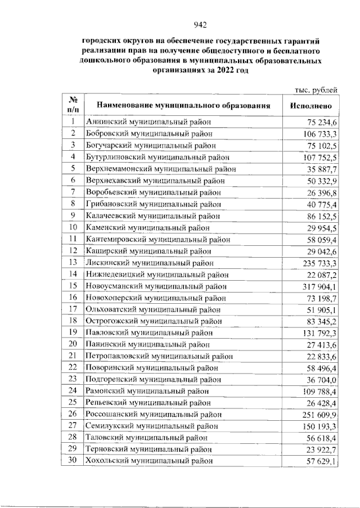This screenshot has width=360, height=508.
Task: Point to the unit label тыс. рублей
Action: coord(317,89)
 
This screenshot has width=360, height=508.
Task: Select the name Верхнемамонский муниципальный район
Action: coord(161,168)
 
